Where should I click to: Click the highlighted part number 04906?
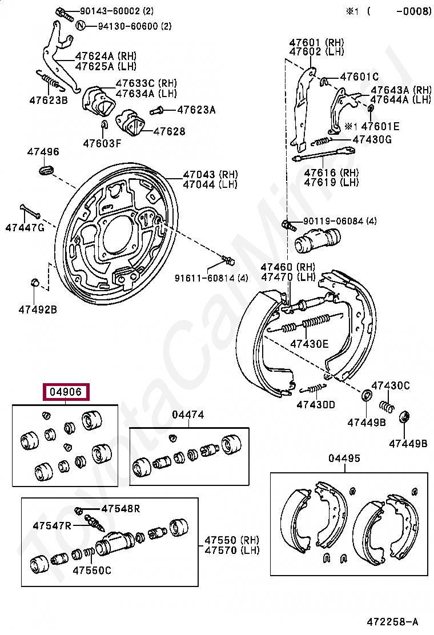coord(67,392)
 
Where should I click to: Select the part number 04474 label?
coord(188,415)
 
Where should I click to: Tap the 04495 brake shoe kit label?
coord(344,459)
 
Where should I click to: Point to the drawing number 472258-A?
coord(392,621)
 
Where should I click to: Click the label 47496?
coord(43,152)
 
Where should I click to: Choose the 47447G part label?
coord(25,228)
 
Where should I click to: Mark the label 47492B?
coord(38,310)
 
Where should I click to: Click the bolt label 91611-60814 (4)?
coord(211,278)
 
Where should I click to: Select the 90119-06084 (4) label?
coord(340,221)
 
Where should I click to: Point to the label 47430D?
coord(316,405)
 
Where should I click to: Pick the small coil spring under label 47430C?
coord(387,407)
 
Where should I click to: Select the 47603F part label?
coord(102,143)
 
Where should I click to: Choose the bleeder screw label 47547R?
coord(52,525)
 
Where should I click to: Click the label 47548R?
coord(120,509)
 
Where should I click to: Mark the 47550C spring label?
coord(91,570)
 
